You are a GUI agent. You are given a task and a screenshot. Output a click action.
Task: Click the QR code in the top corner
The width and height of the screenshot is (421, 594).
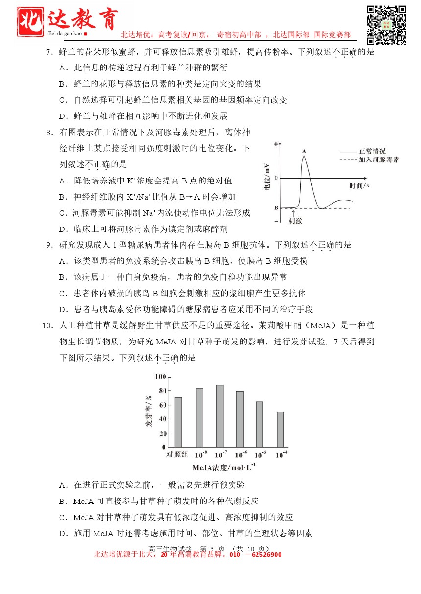[386, 24]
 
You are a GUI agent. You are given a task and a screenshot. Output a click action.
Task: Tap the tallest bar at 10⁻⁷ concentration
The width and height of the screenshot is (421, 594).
[220, 416]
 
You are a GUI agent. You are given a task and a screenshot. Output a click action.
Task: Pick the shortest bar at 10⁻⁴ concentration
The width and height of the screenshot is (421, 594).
[281, 430]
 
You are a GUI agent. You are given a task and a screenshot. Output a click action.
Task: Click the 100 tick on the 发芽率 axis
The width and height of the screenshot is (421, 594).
[160, 377]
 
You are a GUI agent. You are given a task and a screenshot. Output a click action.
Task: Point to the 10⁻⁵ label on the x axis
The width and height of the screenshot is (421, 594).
[260, 455]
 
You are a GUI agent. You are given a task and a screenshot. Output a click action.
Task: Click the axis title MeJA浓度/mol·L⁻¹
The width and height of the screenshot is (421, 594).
[224, 467]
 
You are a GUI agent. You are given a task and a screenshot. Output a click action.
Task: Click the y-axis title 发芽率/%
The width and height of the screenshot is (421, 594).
[149, 411]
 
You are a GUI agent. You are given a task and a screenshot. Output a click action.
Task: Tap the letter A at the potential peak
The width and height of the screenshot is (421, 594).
[304, 151]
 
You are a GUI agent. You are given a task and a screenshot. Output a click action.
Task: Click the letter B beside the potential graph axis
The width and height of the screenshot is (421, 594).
[276, 207]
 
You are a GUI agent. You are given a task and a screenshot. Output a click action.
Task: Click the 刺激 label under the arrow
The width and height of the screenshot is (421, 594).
[295, 221]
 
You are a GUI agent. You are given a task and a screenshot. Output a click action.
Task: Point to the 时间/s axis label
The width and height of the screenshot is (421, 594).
[359, 186]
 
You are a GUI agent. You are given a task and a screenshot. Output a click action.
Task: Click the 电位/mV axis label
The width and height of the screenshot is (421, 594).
[267, 177]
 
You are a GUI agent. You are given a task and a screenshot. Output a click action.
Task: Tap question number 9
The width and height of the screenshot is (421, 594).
[49, 245]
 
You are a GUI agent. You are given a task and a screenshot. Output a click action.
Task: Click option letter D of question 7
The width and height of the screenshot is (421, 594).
[63, 116]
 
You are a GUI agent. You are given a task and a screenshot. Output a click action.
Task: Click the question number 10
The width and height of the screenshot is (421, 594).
[47, 325]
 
